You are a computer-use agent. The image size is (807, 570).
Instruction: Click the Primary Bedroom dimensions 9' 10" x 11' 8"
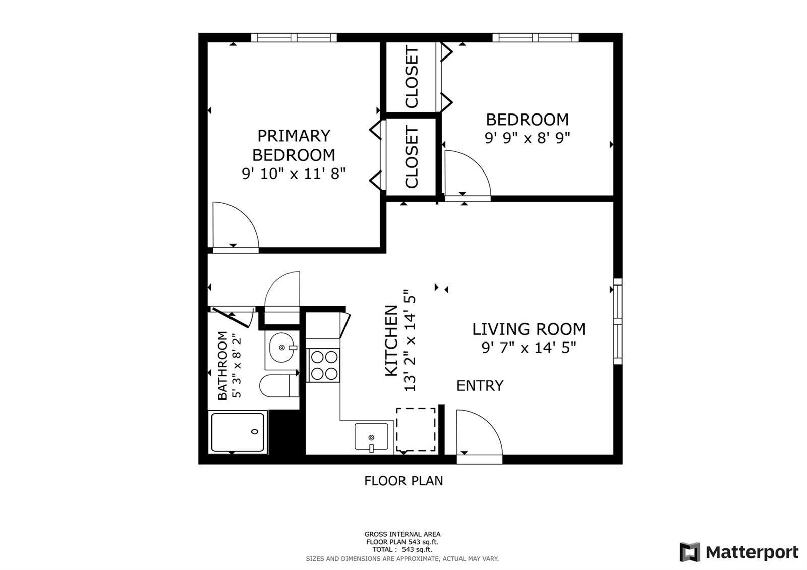tap(294, 174)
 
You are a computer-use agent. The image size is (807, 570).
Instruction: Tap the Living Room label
tap(529, 329)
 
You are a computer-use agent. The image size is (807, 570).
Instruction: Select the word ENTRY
tap(480, 386)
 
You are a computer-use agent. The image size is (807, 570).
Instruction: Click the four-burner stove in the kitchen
tap(324, 365)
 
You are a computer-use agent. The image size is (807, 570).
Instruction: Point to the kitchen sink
tap(371, 437)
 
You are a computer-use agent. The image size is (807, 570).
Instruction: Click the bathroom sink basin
tap(282, 348)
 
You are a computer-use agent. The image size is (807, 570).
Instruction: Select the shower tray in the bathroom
tap(238, 432)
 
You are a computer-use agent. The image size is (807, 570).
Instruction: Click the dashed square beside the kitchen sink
tap(416, 429)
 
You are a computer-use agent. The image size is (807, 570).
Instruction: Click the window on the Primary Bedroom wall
tap(294, 37)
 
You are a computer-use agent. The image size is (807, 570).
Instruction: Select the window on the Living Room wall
tap(618, 321)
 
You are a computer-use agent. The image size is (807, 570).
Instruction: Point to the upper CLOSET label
tap(412, 77)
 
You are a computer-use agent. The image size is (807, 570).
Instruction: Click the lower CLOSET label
tap(412, 157)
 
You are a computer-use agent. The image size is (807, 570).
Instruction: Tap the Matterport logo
tap(739, 552)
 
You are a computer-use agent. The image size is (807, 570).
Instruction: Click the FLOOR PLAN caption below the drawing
tap(403, 481)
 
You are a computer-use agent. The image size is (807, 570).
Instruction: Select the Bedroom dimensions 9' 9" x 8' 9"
tap(528, 138)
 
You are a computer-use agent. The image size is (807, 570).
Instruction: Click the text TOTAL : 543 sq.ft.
tap(402, 549)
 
